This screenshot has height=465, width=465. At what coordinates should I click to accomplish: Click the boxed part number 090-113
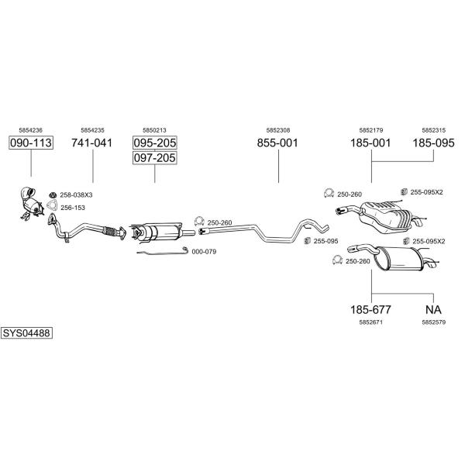click(31, 143)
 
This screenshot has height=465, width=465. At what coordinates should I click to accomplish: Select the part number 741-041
click(92, 143)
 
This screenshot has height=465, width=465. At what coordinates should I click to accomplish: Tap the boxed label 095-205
click(154, 143)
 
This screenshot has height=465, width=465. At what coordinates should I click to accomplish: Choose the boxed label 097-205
click(154, 158)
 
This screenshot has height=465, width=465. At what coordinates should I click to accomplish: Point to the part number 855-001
click(277, 143)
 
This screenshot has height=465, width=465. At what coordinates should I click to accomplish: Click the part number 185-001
click(370, 143)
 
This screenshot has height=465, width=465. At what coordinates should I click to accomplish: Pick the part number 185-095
click(433, 143)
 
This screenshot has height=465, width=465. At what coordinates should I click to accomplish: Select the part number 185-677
click(370, 309)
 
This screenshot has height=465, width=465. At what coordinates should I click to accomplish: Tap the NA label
click(433, 309)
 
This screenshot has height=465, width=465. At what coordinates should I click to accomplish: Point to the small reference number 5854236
click(31, 130)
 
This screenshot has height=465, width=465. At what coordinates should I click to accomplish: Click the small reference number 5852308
click(277, 130)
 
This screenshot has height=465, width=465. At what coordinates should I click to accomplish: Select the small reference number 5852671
click(370, 321)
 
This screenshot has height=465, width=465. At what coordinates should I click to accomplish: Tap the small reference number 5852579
click(433, 321)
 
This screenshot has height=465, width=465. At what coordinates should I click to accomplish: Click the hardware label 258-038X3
click(76, 195)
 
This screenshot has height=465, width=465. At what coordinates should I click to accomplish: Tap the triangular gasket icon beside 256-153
click(52, 206)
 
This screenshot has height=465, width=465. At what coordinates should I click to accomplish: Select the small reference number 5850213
click(154, 130)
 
